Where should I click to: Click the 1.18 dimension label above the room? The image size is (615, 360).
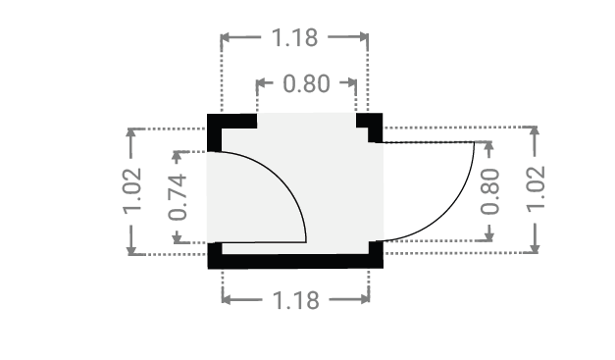click(294, 37)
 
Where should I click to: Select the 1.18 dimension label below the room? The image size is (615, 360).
click(296, 301)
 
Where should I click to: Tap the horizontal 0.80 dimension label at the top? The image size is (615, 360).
click(306, 84)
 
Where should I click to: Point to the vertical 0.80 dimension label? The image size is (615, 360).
click(490, 191)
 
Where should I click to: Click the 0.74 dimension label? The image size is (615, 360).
click(178, 197)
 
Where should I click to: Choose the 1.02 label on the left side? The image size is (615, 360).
click(132, 191)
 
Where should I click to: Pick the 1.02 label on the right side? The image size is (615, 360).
click(536, 189)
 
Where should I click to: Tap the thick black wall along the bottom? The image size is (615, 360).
click(295, 261)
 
